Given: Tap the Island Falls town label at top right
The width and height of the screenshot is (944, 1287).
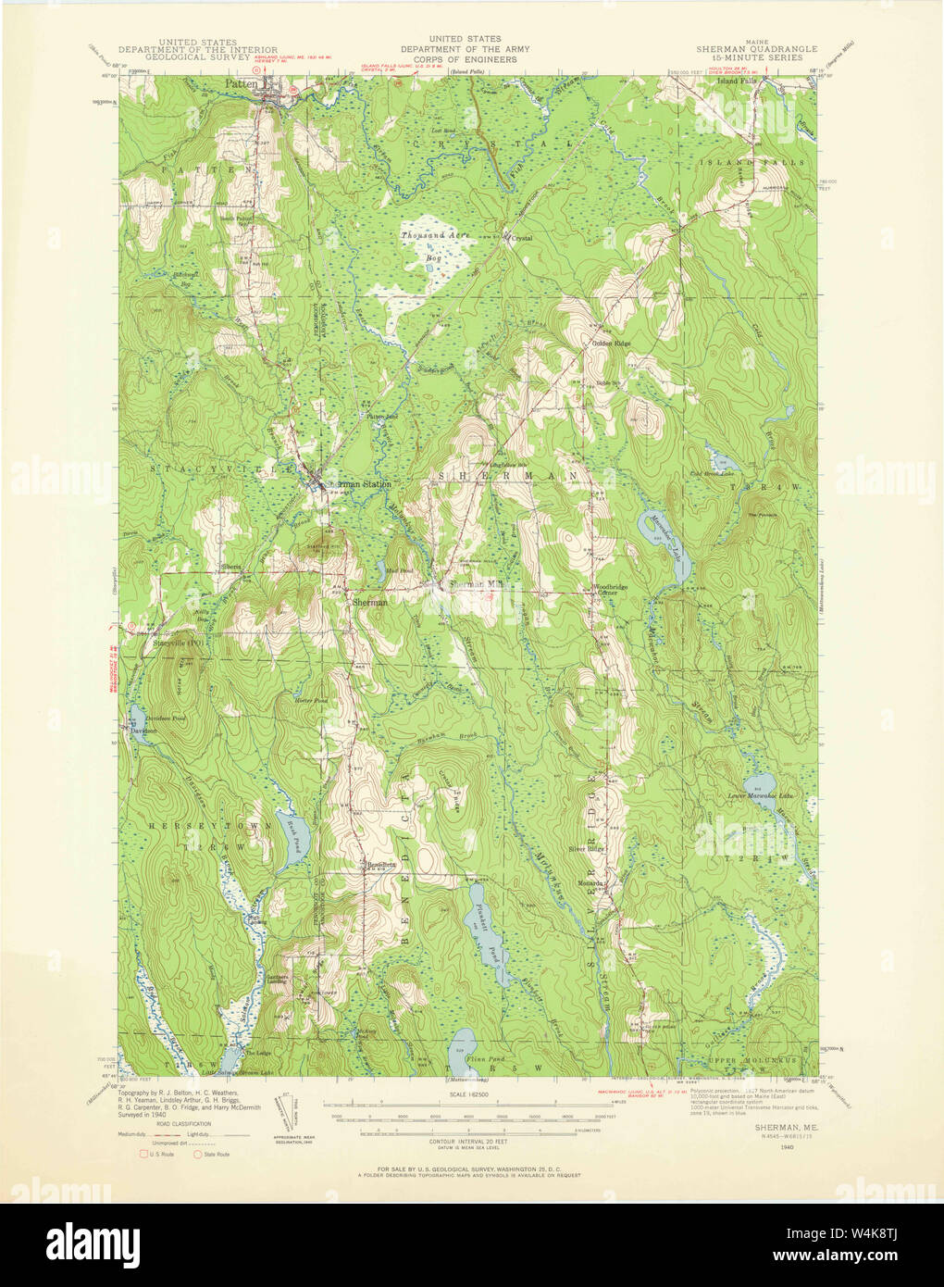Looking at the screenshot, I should tap(736, 81).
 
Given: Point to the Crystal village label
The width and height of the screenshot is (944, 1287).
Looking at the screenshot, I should tap(523, 238).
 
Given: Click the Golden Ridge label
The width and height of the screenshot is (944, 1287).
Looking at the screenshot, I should tap(612, 344).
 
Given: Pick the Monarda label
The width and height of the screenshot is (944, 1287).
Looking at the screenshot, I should tap(592, 883).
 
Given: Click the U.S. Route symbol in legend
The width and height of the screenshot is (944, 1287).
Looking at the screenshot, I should tap(144, 1154).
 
